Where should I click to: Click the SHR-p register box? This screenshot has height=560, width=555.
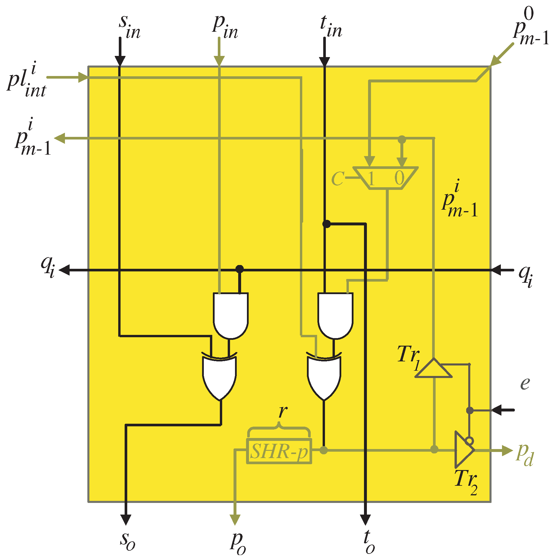click(279, 451)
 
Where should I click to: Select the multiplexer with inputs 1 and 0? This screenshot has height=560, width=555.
click(386, 178)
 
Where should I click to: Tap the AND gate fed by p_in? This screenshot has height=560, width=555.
click(231, 315)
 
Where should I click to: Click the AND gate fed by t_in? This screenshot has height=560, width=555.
click(335, 315)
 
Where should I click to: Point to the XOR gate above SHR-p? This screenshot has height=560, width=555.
click(324, 377)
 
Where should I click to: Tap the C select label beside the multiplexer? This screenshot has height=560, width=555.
click(337, 178)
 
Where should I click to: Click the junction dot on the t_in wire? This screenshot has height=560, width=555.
click(326, 224)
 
